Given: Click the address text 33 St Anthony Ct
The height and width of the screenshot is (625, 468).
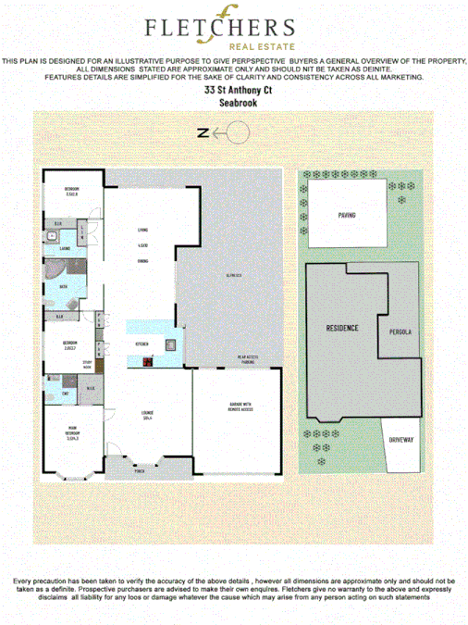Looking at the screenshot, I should pyautogui.click(x=233, y=91).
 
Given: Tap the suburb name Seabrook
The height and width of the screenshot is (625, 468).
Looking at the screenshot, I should pyautogui.click(x=233, y=104).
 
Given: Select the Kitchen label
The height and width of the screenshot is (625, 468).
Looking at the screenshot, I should pyautogui.click(x=142, y=344).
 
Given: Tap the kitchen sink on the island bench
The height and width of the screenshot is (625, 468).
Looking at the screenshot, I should pyautogui.click(x=172, y=347).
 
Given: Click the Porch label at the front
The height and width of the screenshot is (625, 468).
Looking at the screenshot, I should pyautogui.click(x=140, y=469).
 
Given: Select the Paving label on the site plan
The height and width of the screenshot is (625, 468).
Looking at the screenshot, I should pyautogui.click(x=347, y=215).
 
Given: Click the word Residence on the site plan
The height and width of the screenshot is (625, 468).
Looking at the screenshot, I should pyautogui.click(x=342, y=329).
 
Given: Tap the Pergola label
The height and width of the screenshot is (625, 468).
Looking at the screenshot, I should pyautogui.click(x=400, y=331).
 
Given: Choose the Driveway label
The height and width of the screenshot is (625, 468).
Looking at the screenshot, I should pyautogui.click(x=400, y=439).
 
